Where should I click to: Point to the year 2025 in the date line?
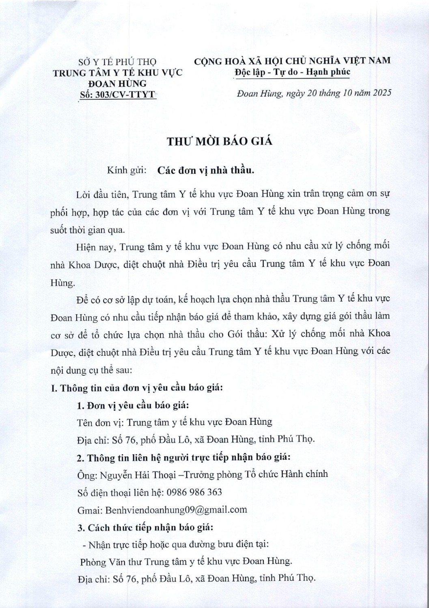(x=381, y=93)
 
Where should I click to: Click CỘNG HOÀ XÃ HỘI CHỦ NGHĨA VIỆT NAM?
(x=293, y=61)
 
